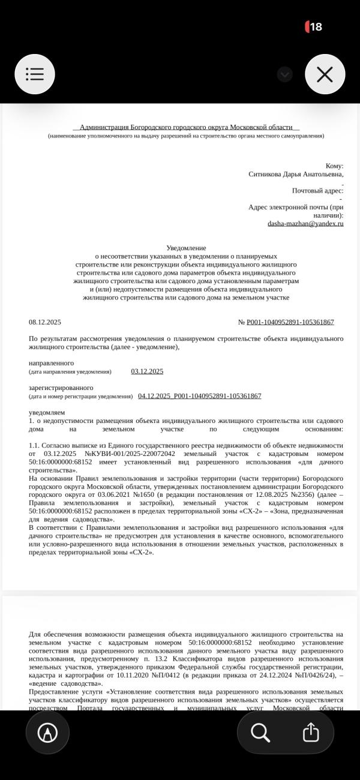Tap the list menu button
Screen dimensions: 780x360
[35, 74]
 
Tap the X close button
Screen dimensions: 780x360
[325, 74]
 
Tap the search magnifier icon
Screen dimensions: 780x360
[260, 732]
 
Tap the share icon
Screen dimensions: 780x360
[310, 732]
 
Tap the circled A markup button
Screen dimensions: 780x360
[47, 733]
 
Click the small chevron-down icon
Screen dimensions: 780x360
[285, 74]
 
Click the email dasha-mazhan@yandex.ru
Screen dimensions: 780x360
[305, 223]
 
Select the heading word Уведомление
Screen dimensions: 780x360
[186, 248]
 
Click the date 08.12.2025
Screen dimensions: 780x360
[45, 322]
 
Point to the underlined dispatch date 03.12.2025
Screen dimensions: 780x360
[147, 371]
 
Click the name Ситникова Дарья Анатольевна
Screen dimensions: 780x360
[296, 174]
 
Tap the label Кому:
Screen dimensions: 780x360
[334, 166]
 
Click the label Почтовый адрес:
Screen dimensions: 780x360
[317, 191]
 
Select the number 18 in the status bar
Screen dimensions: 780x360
[316, 26]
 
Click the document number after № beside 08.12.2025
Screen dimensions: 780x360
[290, 322]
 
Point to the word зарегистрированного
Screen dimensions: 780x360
[61, 388]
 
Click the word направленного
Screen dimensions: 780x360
[52, 363]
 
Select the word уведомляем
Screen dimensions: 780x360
[47, 412]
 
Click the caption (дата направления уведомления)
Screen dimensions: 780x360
[70, 372]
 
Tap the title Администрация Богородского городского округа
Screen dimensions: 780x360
[186, 127]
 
